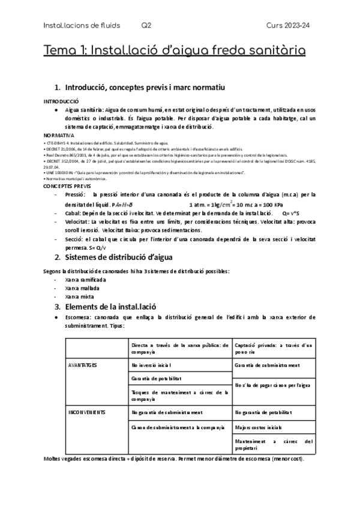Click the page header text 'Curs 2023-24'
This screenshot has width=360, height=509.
(x=290, y=25)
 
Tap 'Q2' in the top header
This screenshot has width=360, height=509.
(x=146, y=25)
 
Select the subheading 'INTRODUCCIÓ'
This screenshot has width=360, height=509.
(x=62, y=101)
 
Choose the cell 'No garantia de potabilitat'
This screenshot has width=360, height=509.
(x=267, y=412)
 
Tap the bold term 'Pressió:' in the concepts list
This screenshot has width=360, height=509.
(x=76, y=195)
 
